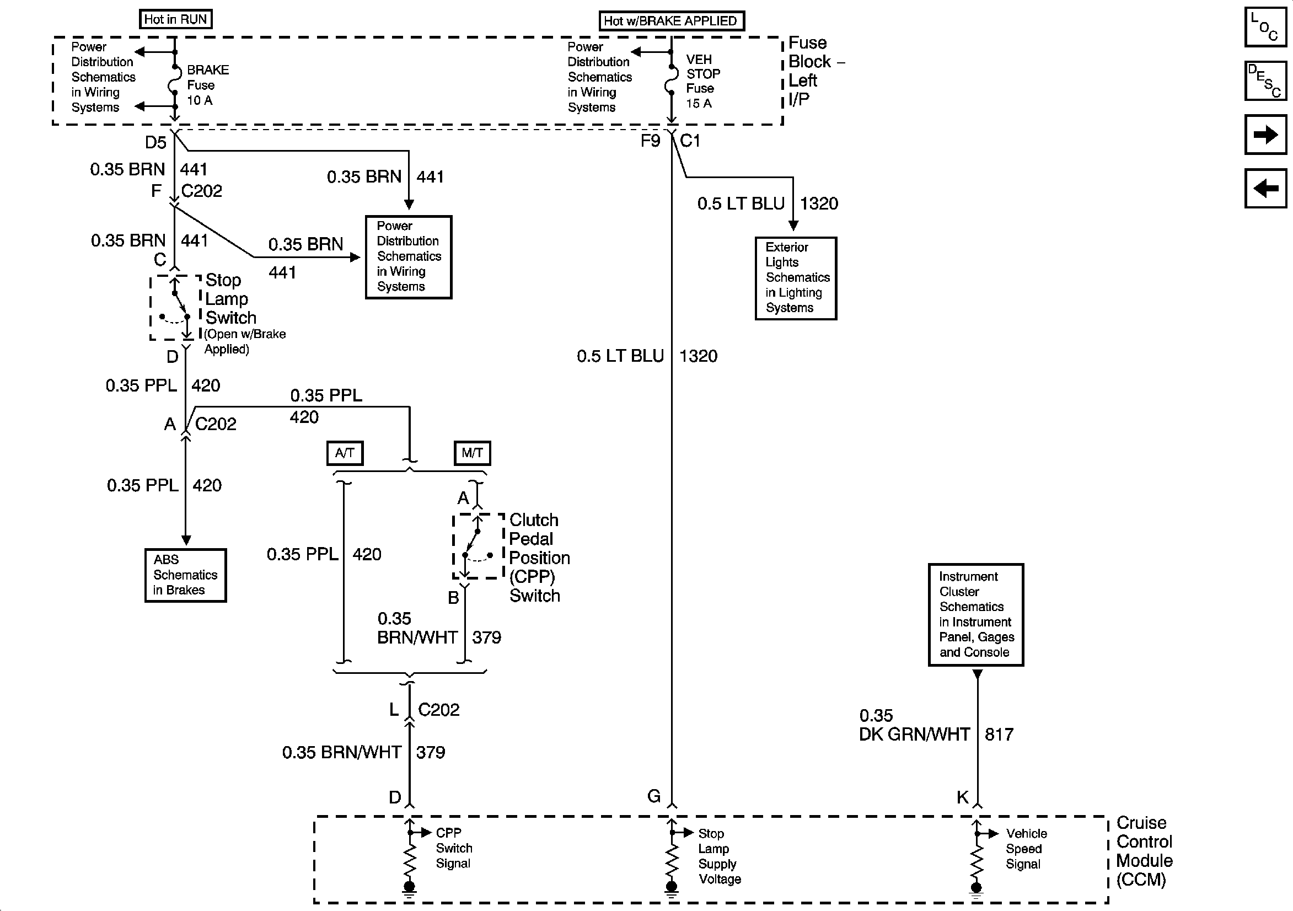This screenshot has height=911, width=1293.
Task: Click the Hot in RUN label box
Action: pyautogui.click(x=176, y=19)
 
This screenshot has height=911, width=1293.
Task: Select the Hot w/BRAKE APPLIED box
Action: pyautogui.click(x=670, y=21)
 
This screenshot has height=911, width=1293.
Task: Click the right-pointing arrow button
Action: pyautogui.click(x=1265, y=135)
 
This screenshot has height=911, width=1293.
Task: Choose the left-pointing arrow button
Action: pyautogui.click(x=1265, y=188)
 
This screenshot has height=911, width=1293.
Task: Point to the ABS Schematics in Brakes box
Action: pyautogui.click(x=185, y=575)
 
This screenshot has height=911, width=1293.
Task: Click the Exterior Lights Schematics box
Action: pyautogui.click(x=796, y=278)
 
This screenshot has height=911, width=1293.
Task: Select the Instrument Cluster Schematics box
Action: pyautogui.click(x=976, y=615)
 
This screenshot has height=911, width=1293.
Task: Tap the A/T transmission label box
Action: pyautogui.click(x=345, y=453)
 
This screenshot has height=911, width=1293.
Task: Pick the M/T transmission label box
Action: pyautogui.click(x=472, y=453)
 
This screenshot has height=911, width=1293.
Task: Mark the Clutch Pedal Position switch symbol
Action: pyautogui.click(x=478, y=545)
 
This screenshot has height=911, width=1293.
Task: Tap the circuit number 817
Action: pyautogui.click(x=999, y=735)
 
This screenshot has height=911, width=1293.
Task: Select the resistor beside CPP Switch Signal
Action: pyautogui.click(x=410, y=860)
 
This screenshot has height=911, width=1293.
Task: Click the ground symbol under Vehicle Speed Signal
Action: pyautogui.click(x=977, y=889)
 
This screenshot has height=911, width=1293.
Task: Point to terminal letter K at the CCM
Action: pyautogui.click(x=962, y=797)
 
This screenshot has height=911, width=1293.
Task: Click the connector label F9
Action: pyautogui.click(x=651, y=141)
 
